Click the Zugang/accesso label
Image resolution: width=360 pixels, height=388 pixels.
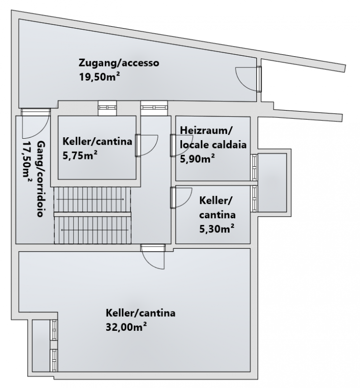(x=119, y=63)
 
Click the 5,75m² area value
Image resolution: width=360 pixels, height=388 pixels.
(x=80, y=156)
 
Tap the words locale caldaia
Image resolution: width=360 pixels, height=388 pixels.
(x=213, y=145)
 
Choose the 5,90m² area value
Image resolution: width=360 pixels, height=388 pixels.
(x=197, y=159)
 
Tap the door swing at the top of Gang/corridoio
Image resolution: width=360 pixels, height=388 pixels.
(x=35, y=123)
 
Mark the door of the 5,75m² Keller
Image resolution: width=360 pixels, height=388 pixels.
(x=147, y=145)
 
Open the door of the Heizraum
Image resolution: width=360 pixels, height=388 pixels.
(x=181, y=145)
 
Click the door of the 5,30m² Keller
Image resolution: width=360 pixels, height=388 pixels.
(x=181, y=198)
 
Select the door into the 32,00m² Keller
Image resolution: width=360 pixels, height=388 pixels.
(x=152, y=257)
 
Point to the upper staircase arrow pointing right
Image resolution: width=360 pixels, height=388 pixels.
(x=90, y=199)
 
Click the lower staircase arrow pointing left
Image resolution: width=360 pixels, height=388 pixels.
(x=95, y=230)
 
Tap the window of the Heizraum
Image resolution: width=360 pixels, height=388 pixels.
(x=254, y=167)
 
